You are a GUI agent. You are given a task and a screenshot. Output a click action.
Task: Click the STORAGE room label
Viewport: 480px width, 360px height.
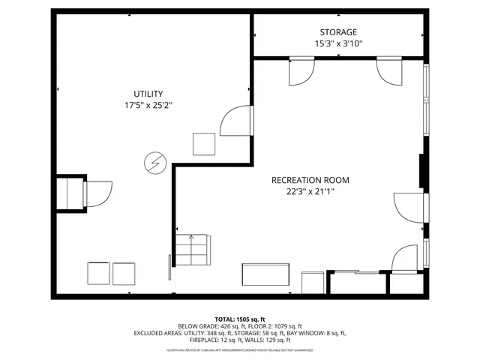tap(337, 32)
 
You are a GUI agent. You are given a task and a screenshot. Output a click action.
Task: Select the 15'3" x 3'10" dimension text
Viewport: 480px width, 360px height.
tap(337, 43)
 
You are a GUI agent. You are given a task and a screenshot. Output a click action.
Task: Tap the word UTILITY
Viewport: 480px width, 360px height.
tap(148, 94)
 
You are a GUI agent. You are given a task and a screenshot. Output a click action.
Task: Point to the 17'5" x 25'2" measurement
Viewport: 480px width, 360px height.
tap(148, 105)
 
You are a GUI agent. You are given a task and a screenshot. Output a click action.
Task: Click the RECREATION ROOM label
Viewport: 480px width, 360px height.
tap(310, 180)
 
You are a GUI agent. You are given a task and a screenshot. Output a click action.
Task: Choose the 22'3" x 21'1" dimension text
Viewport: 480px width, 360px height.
tap(310, 191)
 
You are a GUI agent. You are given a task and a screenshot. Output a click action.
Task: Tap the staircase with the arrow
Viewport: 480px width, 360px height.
tap(191, 250)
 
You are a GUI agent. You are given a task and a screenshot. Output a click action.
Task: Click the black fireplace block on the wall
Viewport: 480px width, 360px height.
tap(421, 170)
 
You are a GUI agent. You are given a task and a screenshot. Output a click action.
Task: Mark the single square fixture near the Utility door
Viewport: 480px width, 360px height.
tap(204, 142)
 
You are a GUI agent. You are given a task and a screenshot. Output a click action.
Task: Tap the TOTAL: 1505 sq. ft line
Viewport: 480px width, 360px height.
tap(239, 319)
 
